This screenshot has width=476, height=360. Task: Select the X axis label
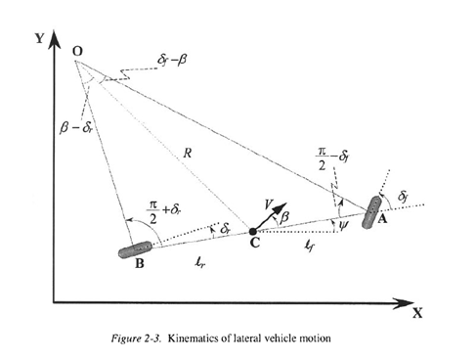point(416,314)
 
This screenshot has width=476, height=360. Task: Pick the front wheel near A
point(371,212)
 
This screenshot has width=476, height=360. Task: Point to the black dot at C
point(253,232)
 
